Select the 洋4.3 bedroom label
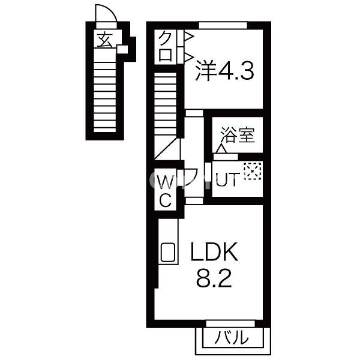(225, 71)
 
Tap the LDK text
(215, 253)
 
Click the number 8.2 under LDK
(214, 280)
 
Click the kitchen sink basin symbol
(168, 253)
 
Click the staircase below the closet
(167, 108)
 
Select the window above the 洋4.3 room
(223, 25)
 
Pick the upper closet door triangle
(188, 37)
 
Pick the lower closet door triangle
(188, 57)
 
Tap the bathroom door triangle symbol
(221, 148)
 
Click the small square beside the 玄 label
(122, 49)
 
